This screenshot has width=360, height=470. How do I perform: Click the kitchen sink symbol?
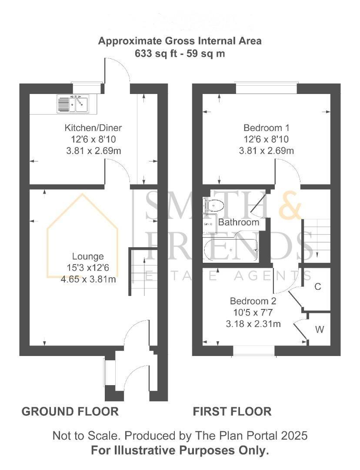[72, 104]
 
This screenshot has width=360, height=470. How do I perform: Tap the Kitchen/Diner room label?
[93, 128]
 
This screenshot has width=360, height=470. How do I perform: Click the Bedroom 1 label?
[266, 128]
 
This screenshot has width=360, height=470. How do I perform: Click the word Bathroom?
[238, 222]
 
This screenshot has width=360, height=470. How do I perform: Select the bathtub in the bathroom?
[230, 251]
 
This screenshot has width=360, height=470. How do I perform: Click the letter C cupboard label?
[317, 287]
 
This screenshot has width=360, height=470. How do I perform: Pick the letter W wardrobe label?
[319, 329]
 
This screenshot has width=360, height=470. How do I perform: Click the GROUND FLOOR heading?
[70, 411]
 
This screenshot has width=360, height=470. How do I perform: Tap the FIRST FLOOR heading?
[232, 411]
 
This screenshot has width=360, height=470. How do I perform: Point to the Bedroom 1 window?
[266, 88]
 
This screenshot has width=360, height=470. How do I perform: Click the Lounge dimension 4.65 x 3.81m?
[88, 279]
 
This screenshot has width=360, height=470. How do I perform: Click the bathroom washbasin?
[210, 223]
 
